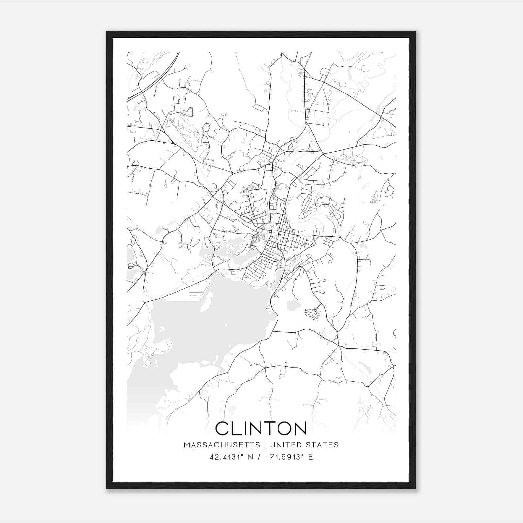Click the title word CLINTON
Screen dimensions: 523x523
261,428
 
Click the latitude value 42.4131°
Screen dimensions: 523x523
228,457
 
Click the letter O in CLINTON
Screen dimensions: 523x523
282,428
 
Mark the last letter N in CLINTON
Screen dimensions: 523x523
300,428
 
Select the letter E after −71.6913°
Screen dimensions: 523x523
311,457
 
